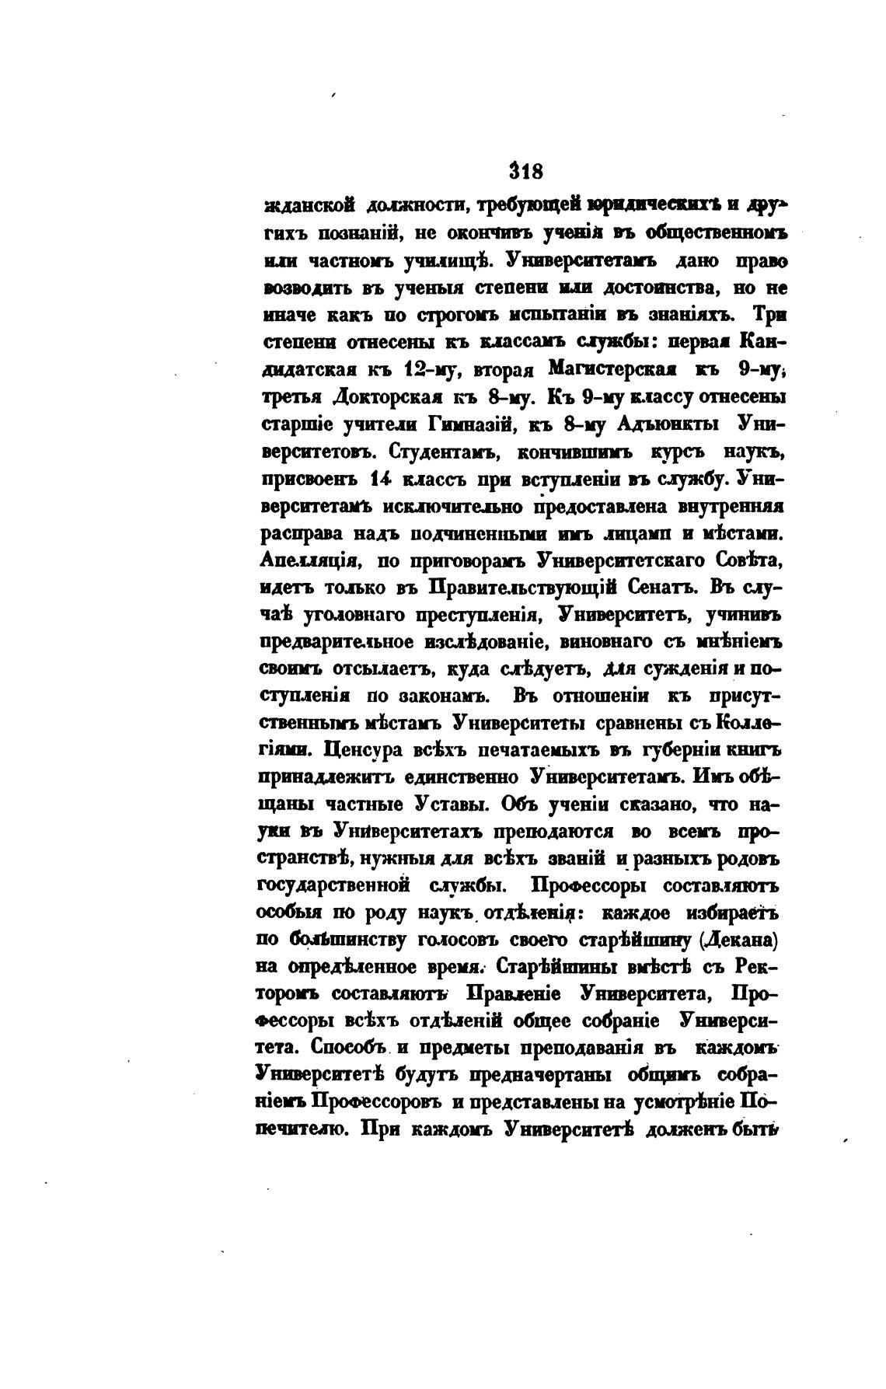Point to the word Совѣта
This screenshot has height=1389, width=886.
748,560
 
